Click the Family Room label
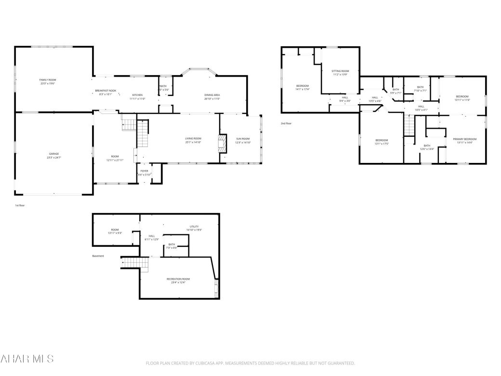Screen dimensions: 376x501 48,80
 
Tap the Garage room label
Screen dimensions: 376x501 53,154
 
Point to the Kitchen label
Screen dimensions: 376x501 137,95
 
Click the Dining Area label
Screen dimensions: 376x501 212,95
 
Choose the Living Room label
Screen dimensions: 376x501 193,138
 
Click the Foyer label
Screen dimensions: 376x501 145,171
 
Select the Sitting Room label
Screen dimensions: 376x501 340,71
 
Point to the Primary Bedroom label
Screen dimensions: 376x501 464,139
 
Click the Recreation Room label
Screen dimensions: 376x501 178,279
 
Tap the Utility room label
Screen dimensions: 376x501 194,226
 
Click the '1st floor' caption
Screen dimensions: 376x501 20,205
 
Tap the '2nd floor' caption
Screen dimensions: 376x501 286,123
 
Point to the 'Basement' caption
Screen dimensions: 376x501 98,256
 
